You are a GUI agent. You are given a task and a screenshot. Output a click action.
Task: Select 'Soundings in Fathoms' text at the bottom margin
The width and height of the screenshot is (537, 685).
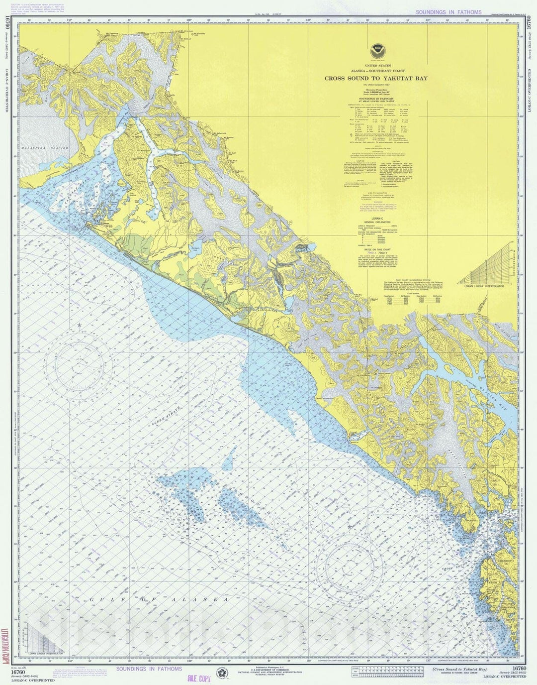click(148, 669)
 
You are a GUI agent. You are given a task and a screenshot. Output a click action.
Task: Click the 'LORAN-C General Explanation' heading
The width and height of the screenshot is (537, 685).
click(376, 222)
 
